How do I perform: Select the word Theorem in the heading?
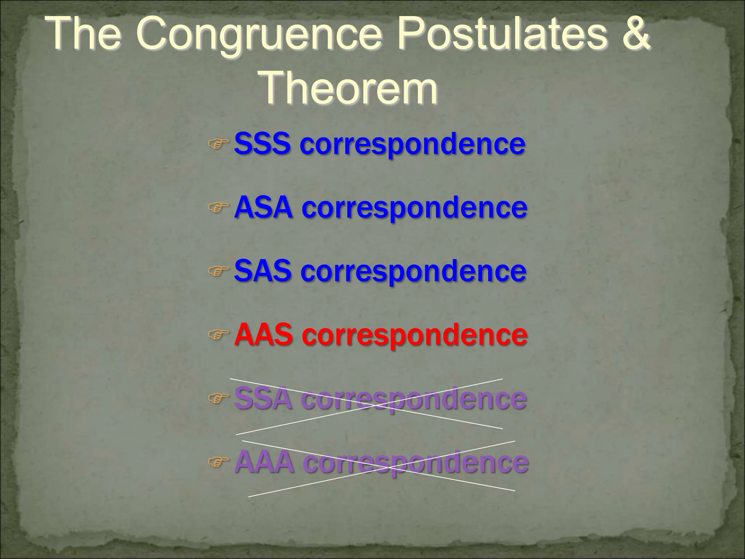349,88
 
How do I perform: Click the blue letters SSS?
262,143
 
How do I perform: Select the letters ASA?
263,207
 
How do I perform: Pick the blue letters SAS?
263,271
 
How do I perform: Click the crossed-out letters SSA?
263,399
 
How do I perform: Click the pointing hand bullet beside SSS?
218,143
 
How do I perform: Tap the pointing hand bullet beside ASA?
218,207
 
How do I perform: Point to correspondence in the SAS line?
413,272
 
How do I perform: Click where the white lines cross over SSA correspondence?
367,405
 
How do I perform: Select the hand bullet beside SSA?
218,399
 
